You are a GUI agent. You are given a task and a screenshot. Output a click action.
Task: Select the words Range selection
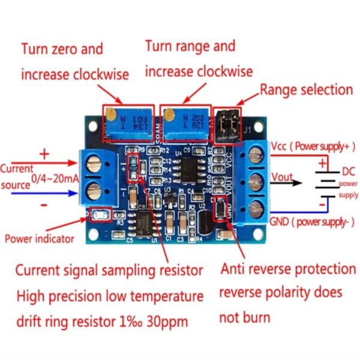coord(306,90)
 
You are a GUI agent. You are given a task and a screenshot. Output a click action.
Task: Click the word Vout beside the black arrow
coord(283,176)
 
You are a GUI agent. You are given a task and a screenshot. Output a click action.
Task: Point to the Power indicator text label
coord(40,238)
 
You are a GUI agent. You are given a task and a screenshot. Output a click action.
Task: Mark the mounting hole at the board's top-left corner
coord(93,128)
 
